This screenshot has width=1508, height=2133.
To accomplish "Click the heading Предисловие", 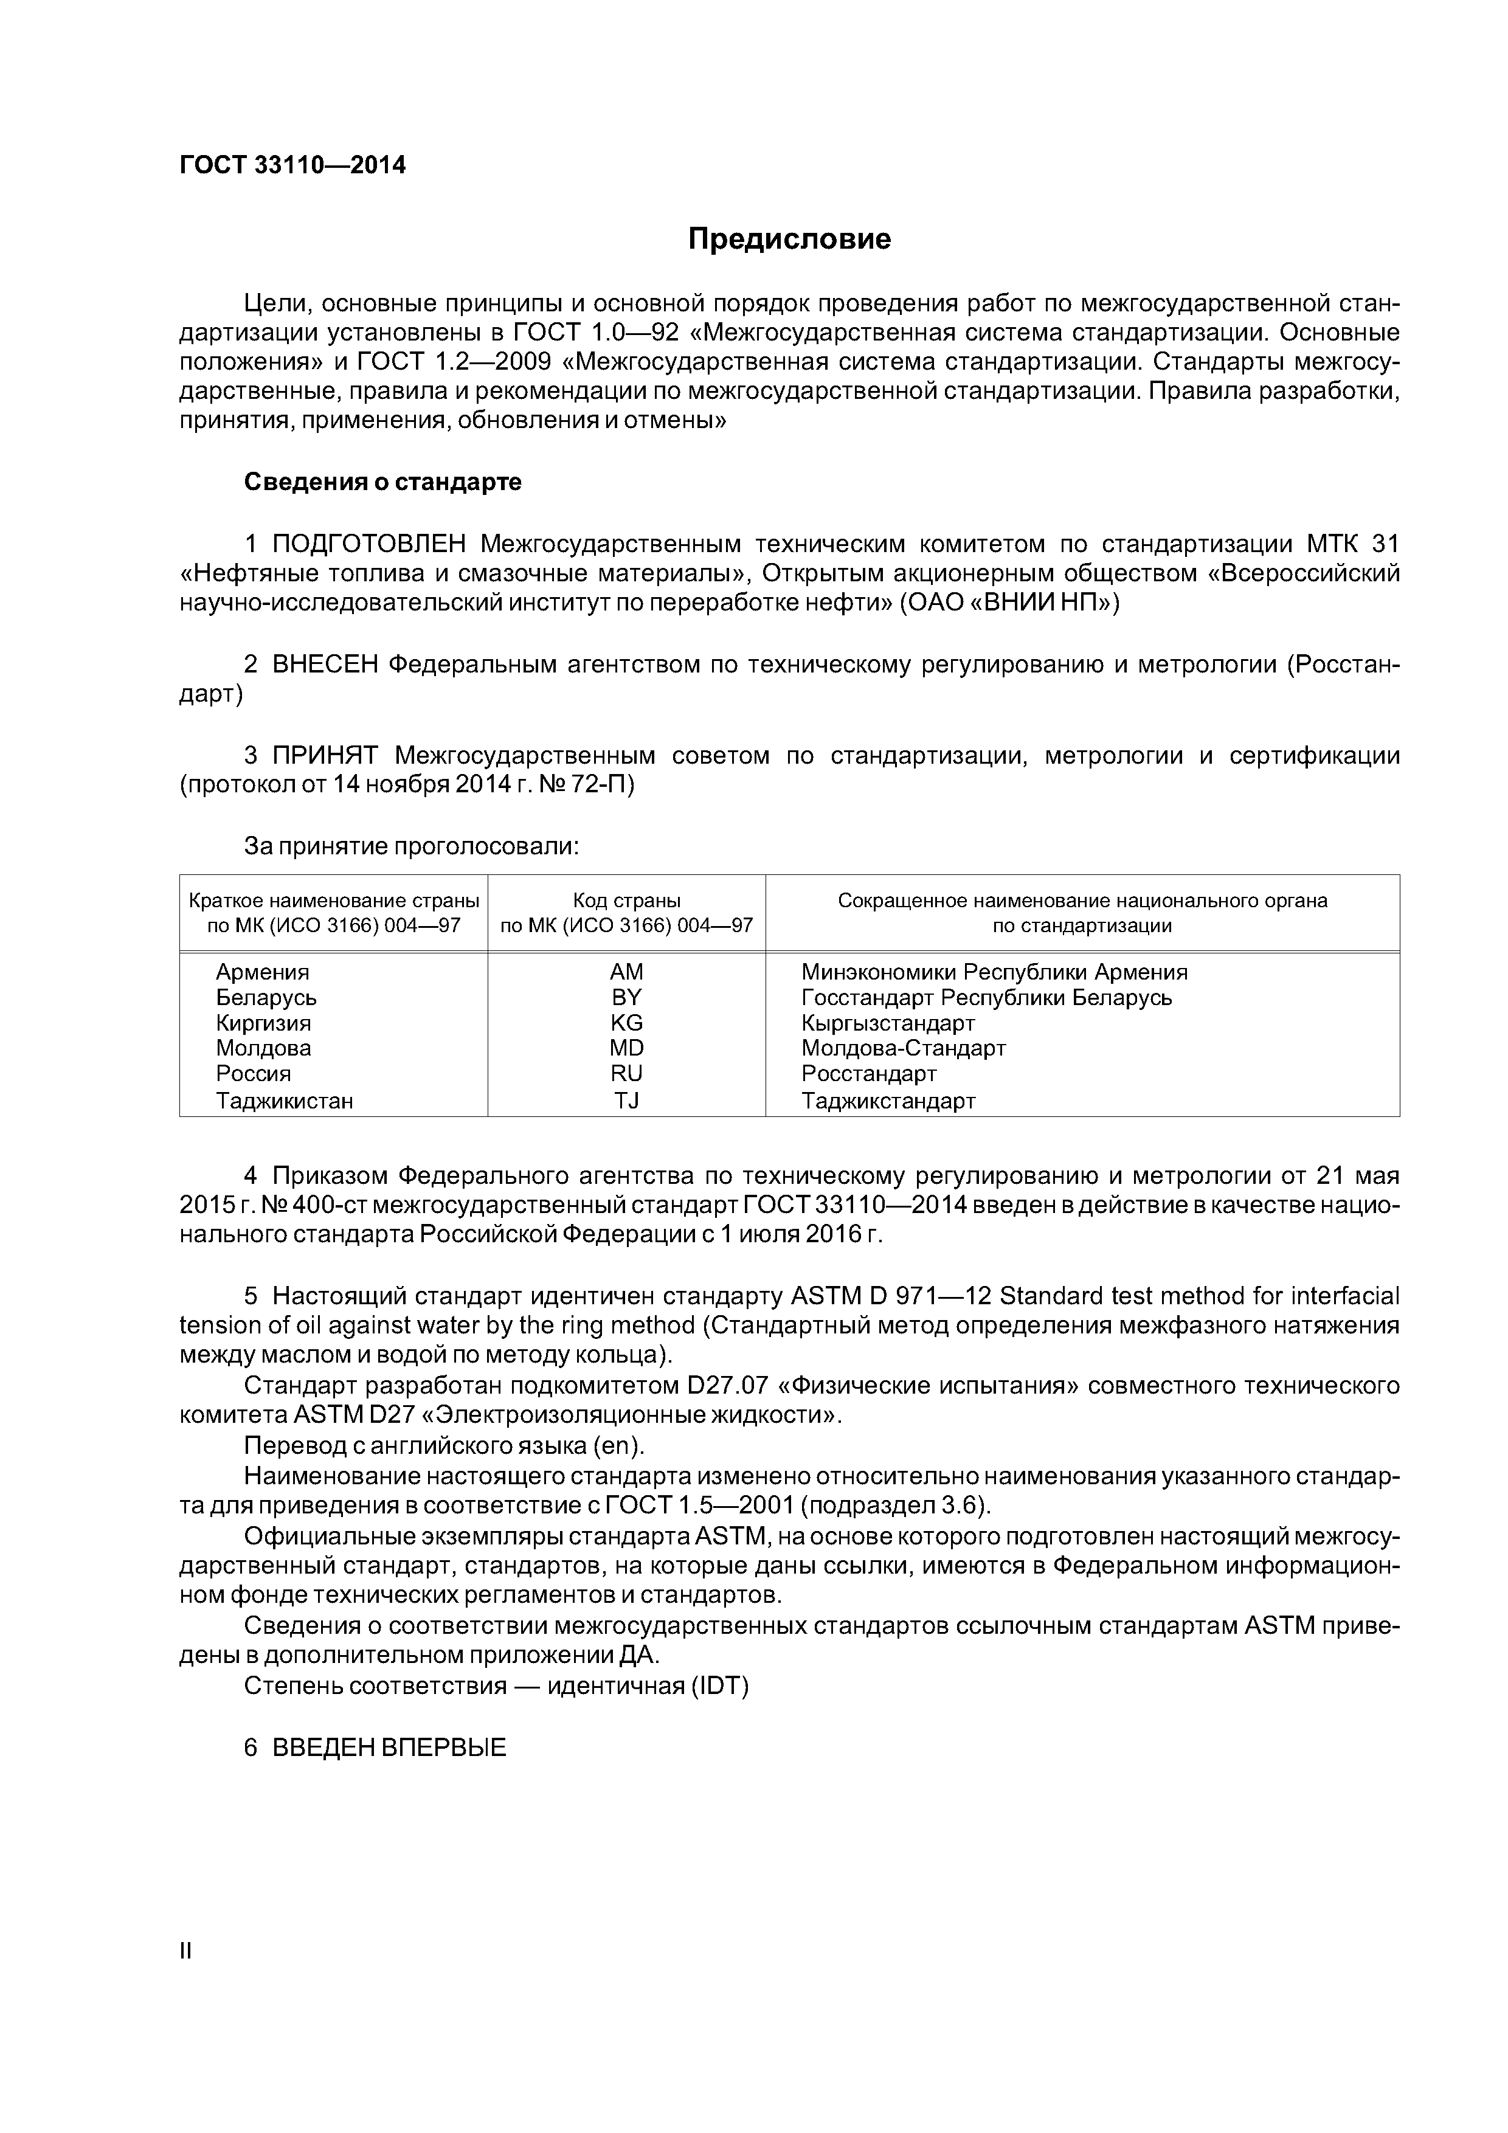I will (789, 240).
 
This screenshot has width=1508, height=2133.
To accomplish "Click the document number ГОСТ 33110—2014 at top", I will (292, 165).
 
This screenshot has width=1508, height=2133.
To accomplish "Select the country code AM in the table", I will (626, 972).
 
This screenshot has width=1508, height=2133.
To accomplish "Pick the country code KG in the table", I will (626, 1023).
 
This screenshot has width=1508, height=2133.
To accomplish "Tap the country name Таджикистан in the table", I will (285, 1101).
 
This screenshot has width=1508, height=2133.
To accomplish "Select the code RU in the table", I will (626, 1074).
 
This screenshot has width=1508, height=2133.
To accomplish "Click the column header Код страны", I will (626, 901).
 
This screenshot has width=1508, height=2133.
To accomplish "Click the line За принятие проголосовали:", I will (412, 846).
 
